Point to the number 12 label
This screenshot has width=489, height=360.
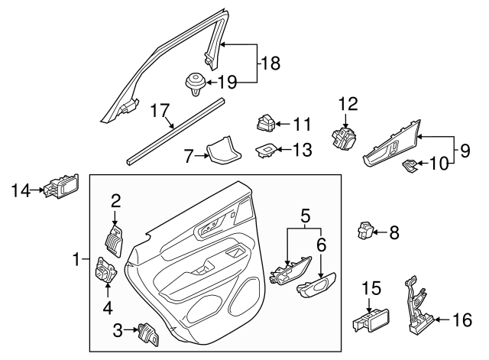tap(348, 104)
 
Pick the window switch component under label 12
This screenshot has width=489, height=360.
tap(342, 138)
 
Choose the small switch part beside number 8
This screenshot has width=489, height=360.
tap(367, 229)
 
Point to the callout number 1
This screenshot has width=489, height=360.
tap(77, 261)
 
